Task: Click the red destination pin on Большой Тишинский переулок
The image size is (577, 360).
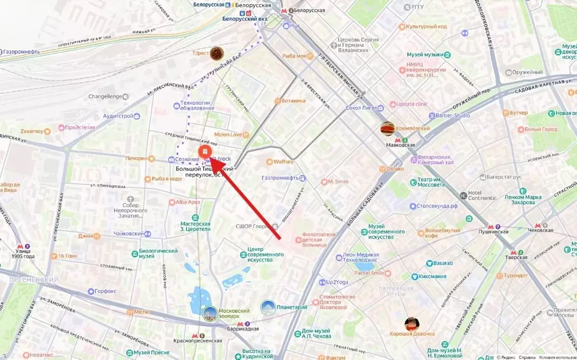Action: point(205,152)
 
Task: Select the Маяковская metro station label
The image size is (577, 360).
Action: point(400,144)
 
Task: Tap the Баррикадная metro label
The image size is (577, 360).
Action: point(244,329)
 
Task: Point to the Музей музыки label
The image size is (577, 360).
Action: point(425,54)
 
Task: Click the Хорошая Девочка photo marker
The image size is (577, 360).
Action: point(412,324)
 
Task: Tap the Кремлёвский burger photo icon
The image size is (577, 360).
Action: point(387,129)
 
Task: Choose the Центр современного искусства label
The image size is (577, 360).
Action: point(265,255)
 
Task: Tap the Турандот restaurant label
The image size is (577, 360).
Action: point(516,275)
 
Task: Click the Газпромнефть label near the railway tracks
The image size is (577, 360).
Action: point(21,51)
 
